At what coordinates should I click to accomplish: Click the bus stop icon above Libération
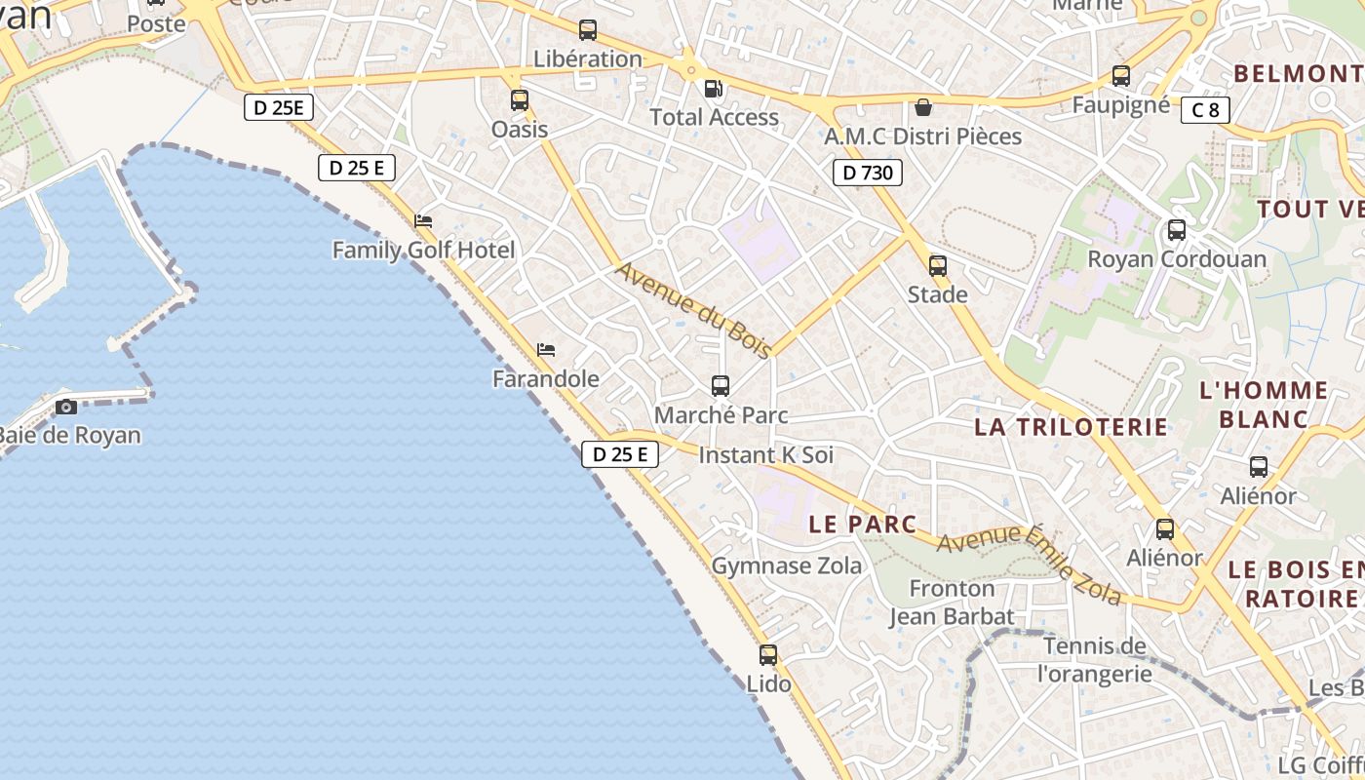pos(587,30)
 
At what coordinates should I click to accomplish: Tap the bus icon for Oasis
pos(520,99)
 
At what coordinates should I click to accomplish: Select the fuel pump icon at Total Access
pos(714,89)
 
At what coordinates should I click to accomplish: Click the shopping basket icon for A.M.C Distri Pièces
pos(922,107)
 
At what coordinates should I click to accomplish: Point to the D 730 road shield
pos(867,173)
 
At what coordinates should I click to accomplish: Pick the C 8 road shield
pos(1205,110)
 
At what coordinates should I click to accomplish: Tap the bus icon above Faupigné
pos(1121,76)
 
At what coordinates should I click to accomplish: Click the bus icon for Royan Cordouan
pos(1177,230)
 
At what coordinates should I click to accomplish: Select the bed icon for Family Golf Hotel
pos(423,221)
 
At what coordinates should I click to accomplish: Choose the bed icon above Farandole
pos(546,349)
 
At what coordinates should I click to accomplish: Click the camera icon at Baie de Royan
pos(66,407)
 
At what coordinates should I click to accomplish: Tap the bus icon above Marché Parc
pos(721,386)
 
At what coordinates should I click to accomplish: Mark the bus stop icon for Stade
pos(938,265)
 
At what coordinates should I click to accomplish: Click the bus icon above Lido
pos(768,655)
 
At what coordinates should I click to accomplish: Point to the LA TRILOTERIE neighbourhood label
pos(1071,427)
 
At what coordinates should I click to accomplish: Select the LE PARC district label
pos(863,524)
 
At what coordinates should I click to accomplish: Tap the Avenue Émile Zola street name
pos(1029,565)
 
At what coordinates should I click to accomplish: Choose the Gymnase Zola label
pos(787,565)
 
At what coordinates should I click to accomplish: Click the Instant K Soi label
pos(766,455)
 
